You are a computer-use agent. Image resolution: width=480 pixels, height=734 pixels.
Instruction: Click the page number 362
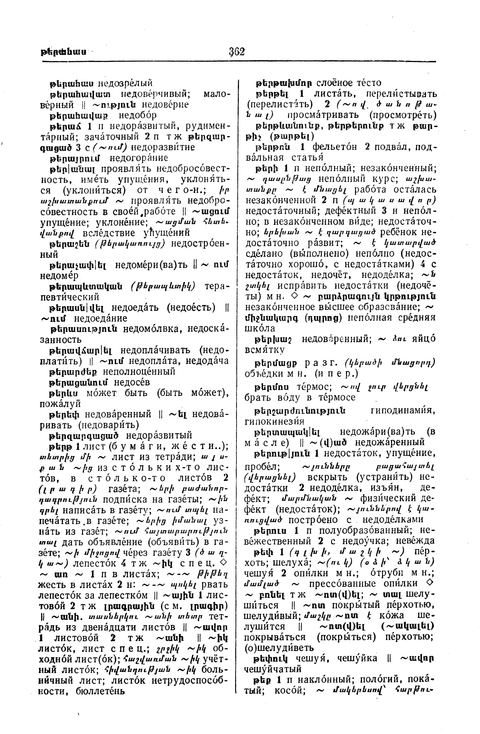click(237, 51)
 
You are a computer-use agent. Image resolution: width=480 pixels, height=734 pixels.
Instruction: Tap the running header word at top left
click(63, 51)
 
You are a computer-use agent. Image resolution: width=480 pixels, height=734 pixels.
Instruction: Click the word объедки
click(261, 374)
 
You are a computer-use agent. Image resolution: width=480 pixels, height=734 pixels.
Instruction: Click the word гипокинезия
click(274, 421)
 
